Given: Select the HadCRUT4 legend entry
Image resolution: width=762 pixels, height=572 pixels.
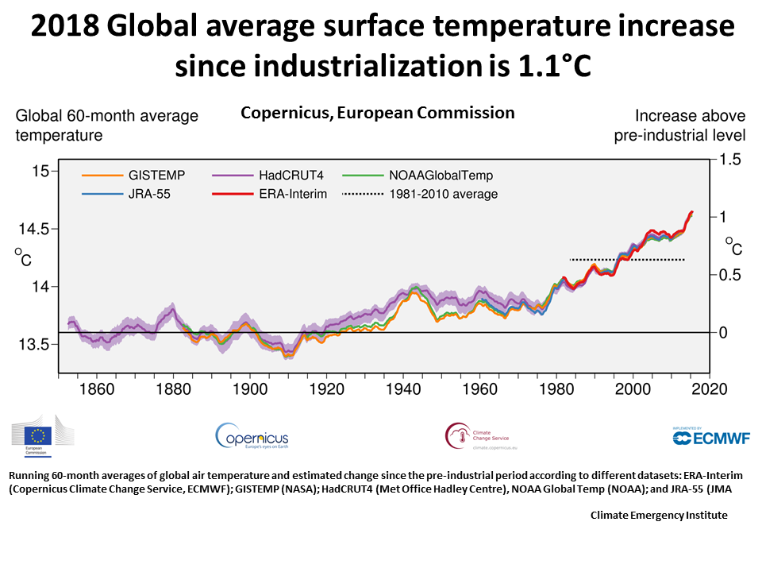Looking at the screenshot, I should [x=271, y=175].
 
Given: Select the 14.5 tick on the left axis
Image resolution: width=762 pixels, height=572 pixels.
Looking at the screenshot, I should [x=34, y=229].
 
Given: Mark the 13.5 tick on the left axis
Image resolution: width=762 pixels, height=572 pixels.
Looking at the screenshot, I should [x=34, y=344].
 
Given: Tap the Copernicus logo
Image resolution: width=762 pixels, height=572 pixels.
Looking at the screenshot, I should [x=252, y=436].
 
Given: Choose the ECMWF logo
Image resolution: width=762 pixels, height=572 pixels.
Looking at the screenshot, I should [x=711, y=437].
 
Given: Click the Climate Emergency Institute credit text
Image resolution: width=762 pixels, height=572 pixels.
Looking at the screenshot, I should [x=658, y=515].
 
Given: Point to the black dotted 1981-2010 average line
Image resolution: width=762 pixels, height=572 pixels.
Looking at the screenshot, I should [x=627, y=260].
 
